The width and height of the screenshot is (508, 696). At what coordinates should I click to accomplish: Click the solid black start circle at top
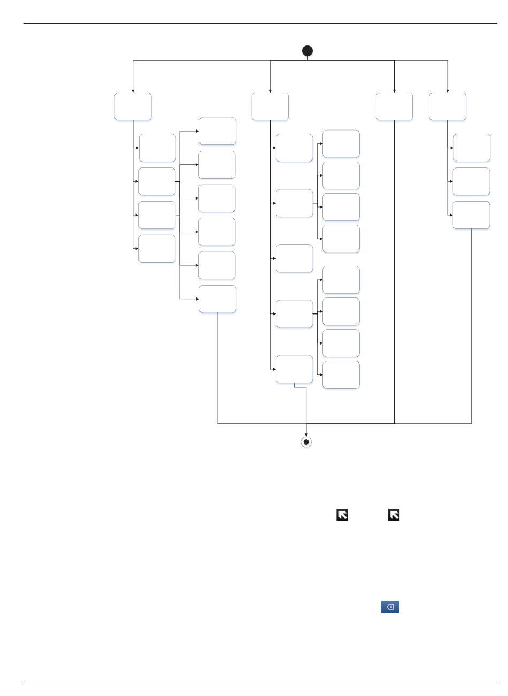(x=307, y=51)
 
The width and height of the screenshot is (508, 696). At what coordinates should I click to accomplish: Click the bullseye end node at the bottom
(x=306, y=442)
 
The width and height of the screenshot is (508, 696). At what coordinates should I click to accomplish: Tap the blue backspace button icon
(x=390, y=607)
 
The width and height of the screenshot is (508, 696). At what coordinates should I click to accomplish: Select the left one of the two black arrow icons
(x=342, y=515)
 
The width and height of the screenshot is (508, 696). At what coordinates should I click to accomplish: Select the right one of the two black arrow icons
(x=394, y=515)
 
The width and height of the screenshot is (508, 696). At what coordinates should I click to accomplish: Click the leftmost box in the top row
(x=133, y=106)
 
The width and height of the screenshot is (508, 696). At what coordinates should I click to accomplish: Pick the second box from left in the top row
(x=270, y=106)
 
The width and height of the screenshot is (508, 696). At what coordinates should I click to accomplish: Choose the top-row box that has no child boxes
(x=394, y=106)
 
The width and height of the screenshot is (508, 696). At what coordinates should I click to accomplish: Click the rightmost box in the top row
(x=448, y=106)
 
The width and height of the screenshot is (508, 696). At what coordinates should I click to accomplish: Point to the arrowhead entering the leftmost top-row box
(x=133, y=90)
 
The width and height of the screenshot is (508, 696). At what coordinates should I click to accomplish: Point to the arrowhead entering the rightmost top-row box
(x=448, y=90)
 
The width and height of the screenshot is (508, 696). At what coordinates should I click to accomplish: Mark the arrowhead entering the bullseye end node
(x=306, y=434)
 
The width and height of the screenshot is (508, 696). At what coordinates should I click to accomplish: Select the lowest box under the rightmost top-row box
(x=471, y=215)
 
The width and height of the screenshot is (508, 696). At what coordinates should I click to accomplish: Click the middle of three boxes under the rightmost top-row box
(x=471, y=181)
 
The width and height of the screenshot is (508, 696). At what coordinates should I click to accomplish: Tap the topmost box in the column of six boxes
(x=218, y=131)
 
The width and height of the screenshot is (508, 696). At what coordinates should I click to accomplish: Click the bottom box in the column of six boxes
(x=218, y=299)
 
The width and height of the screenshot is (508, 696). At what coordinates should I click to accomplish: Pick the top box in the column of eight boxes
(x=341, y=144)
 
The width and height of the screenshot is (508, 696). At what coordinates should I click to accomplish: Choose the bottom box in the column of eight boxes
(x=341, y=374)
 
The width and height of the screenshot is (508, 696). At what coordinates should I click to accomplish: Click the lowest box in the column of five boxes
(x=294, y=369)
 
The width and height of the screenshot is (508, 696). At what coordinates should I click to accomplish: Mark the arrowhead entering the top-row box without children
(x=394, y=90)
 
